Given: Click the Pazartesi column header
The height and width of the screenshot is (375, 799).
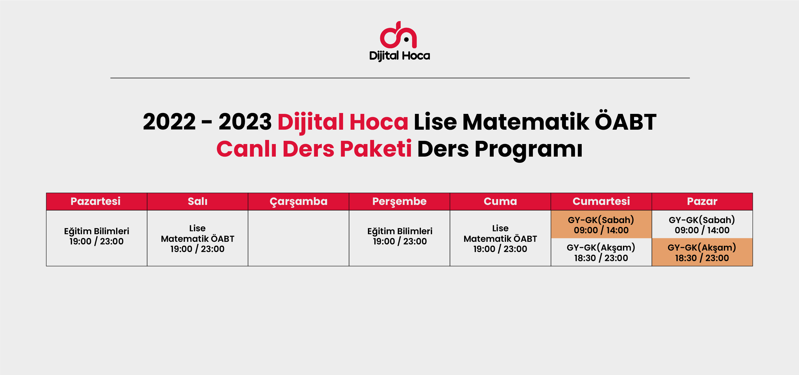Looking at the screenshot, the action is (97, 201).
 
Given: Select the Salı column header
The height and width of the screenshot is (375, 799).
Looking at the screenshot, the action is (198, 201).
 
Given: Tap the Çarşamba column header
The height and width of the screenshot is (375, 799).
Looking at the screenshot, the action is (298, 201).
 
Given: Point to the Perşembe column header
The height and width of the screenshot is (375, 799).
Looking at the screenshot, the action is (399, 201).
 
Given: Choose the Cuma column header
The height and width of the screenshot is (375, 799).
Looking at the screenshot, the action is (500, 201).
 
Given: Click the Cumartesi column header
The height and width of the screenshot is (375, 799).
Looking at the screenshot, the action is (601, 201).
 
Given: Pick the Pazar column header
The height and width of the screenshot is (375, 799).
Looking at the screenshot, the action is (702, 201).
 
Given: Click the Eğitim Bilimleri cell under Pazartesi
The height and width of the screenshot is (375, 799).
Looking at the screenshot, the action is (97, 238).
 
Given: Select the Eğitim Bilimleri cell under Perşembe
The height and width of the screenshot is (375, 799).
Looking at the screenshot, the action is (399, 238).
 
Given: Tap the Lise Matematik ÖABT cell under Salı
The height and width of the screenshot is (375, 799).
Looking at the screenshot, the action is (198, 238).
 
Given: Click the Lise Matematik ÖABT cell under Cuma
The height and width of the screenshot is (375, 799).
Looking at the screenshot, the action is (500, 238).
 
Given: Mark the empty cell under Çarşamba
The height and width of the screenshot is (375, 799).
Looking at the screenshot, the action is (298, 238).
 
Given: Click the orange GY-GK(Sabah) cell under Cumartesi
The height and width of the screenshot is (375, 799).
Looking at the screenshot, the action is (601, 225).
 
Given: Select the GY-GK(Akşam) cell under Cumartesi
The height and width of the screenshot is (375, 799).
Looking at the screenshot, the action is (601, 252).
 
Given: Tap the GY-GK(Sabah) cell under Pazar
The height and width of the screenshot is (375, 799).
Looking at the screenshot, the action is (702, 225).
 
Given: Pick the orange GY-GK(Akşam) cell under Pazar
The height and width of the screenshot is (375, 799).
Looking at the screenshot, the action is (702, 252).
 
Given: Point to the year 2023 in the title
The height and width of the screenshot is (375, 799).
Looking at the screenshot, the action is (245, 122).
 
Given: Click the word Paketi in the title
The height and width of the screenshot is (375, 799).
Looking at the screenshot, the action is (376, 149).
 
